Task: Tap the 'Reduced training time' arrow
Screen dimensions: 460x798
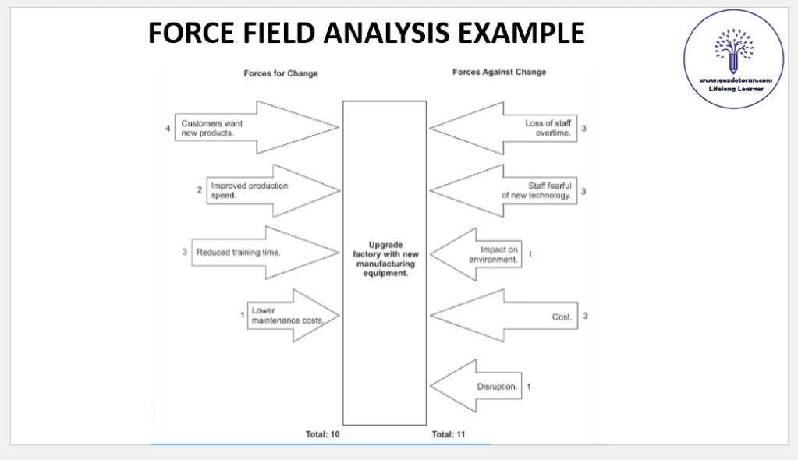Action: click(265, 253)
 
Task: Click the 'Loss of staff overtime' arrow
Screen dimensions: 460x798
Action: click(507, 128)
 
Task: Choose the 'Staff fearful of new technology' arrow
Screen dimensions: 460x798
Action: click(507, 190)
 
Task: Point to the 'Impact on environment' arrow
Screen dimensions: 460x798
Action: click(480, 254)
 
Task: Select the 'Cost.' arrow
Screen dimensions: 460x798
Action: click(507, 317)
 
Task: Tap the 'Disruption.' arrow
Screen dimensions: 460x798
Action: click(477, 386)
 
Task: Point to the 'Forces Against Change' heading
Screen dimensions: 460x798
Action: click(499, 72)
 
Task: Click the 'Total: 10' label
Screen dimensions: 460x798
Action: click(322, 433)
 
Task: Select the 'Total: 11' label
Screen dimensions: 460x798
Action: click(449, 433)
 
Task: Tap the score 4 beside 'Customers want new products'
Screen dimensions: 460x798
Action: click(168, 128)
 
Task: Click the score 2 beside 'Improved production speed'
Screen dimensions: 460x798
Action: click(199, 189)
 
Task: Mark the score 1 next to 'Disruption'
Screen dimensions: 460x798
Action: click(529, 386)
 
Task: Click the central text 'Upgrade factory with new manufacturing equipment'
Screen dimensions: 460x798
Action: click(385, 259)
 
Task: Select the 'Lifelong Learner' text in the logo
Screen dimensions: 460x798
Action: click(734, 90)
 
